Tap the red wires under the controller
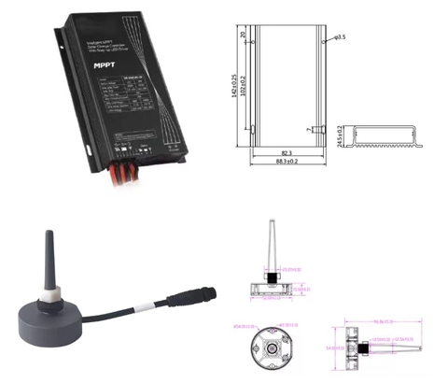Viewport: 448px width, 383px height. point(130,170)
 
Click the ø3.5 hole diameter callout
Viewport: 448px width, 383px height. point(340,38)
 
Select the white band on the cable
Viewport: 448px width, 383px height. point(139,308)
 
